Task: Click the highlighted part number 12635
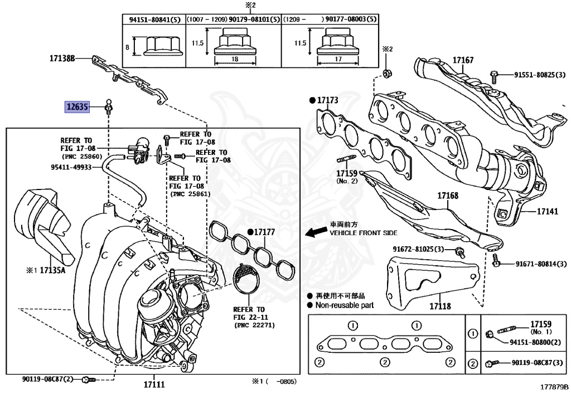[x=78, y=106]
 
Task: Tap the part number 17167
[x=463, y=60]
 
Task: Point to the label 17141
[x=547, y=212]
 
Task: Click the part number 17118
[x=440, y=306]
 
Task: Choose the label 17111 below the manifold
[x=154, y=384]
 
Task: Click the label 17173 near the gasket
[x=328, y=100]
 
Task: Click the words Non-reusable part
[x=344, y=305]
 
